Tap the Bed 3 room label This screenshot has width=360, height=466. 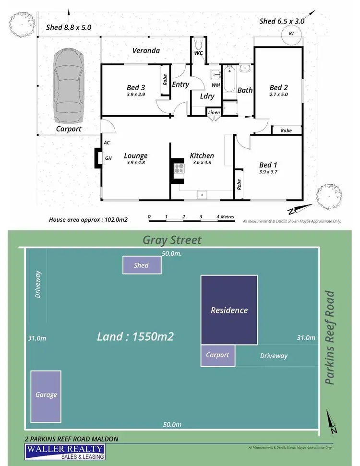pyautogui.click(x=136, y=87)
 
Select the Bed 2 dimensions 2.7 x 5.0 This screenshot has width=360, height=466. pyautogui.click(x=278, y=95)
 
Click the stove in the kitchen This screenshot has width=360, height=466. pyautogui.click(x=179, y=168)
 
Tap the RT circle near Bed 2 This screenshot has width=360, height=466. pyautogui.click(x=291, y=33)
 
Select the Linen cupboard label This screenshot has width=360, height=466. pyautogui.click(x=214, y=112)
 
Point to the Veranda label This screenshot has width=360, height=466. pyautogui.click(x=147, y=50)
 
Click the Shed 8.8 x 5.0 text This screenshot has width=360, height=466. pyautogui.click(x=68, y=27)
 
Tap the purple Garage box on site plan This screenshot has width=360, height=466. pyautogui.click(x=46, y=395)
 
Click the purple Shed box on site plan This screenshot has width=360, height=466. pyautogui.click(x=141, y=265)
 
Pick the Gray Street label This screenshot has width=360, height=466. pyautogui.click(x=172, y=239)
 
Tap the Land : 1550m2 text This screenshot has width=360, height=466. pyautogui.click(x=135, y=336)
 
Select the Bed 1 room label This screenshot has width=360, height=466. pyautogui.click(x=268, y=165)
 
